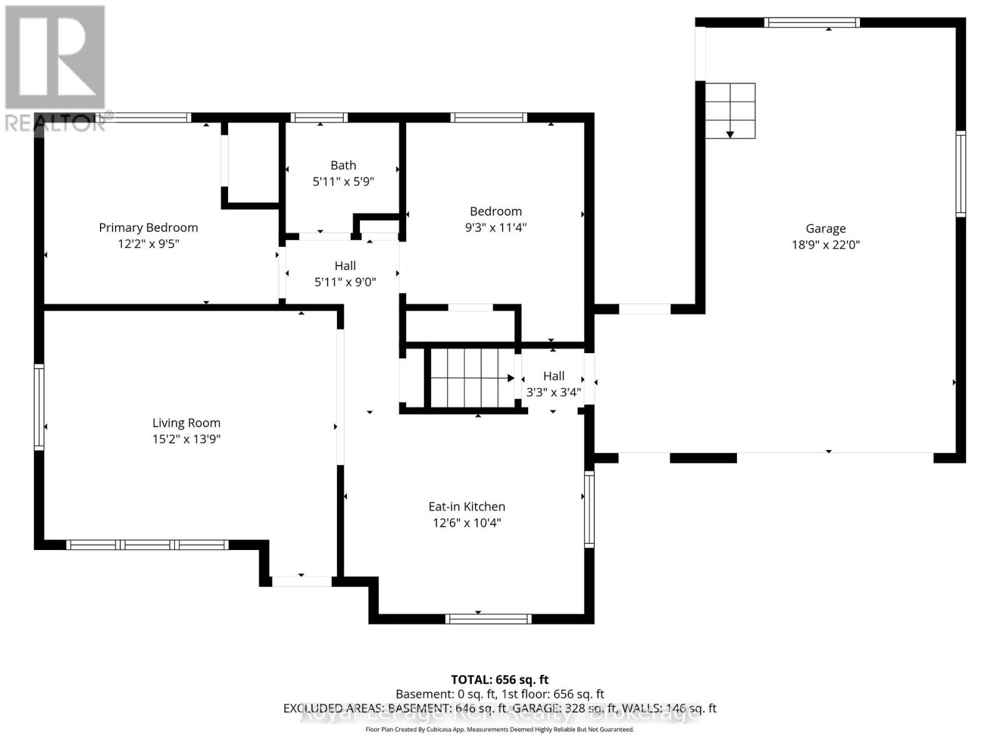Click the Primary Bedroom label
(148, 227)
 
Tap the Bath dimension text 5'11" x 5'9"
(343, 182)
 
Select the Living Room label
(186, 423)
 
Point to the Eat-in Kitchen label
(467, 507)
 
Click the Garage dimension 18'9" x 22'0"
(826, 245)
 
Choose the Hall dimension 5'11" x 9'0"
(345, 282)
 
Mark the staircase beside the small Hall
(472, 378)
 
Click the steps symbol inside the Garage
(730, 111)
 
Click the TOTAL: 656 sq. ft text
(499, 679)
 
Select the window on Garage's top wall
(812, 22)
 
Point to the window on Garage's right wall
(961, 174)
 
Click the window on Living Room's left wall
(39, 407)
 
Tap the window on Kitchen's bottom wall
(488, 619)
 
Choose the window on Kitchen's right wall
(589, 509)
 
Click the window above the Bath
(319, 117)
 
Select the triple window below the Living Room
(147, 545)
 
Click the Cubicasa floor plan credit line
(499, 729)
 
